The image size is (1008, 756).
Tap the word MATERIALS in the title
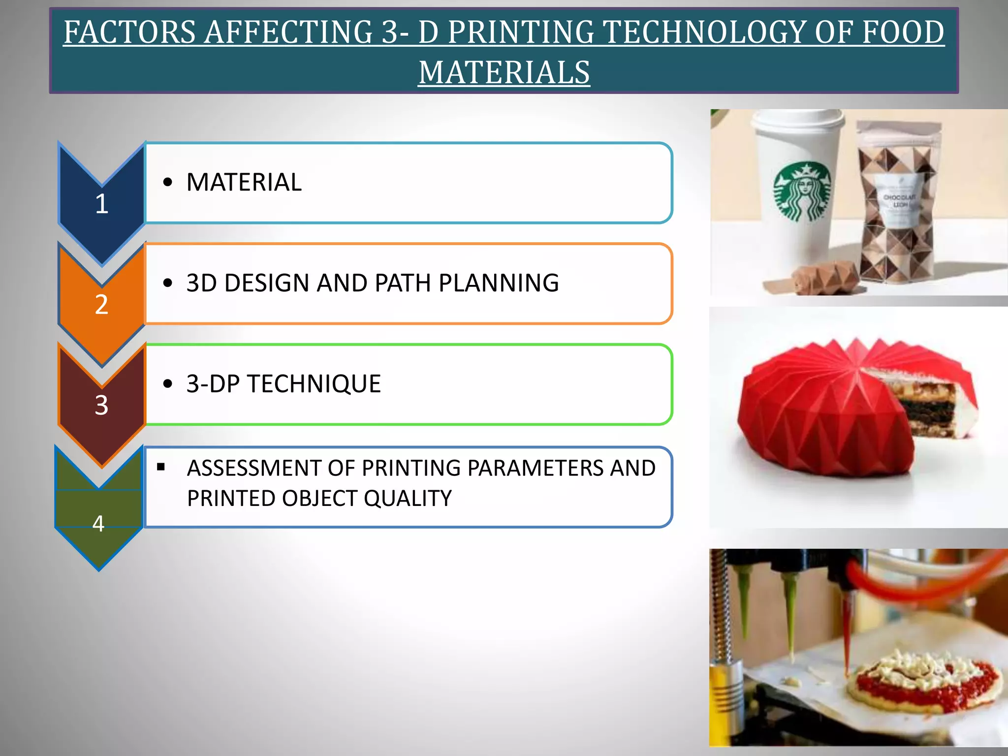point(504,72)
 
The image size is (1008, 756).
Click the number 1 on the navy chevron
point(101,204)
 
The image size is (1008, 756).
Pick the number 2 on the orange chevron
point(101,304)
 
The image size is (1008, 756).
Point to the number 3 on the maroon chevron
point(101,405)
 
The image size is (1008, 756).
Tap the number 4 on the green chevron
point(98,524)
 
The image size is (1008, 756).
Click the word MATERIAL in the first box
point(244,182)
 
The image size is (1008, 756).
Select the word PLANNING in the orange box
point(499,283)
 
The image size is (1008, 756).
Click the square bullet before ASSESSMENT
point(161,467)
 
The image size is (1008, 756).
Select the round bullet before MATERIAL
point(168,183)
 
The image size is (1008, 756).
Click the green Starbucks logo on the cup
point(802,192)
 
